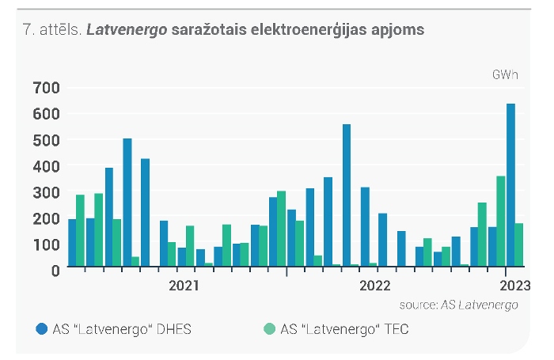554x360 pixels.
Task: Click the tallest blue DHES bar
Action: click(510, 185)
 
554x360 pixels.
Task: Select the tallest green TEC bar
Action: click(501, 221)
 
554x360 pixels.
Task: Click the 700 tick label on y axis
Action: click(46, 88)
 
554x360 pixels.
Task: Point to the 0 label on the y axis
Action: click(55, 271)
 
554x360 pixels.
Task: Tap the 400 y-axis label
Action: click(46, 166)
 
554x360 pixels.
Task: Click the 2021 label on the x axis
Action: click(184, 286)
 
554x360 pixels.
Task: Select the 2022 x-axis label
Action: click(375, 286)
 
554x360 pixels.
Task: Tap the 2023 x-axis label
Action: click(514, 286)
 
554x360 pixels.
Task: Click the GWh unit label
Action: click(505, 75)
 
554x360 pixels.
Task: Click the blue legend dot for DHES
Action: click(42, 329)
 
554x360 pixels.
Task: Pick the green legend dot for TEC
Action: click(270, 329)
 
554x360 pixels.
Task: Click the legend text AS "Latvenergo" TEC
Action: click(344, 329)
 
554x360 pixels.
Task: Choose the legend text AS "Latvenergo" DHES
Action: click(122, 329)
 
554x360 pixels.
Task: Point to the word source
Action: click(419, 305)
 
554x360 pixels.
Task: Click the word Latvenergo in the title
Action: click(127, 30)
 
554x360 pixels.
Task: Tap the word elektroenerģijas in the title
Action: click(309, 30)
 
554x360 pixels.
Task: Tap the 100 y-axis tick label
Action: click(46, 244)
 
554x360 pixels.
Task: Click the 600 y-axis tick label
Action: click(46, 114)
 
